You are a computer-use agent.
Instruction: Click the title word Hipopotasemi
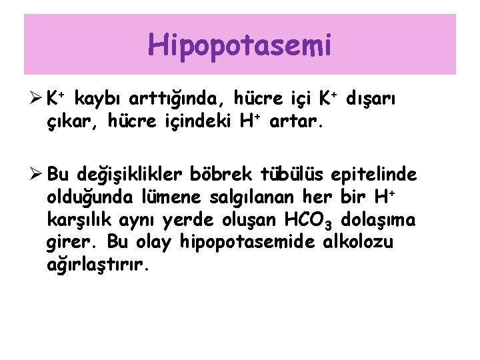pos(239,46)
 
